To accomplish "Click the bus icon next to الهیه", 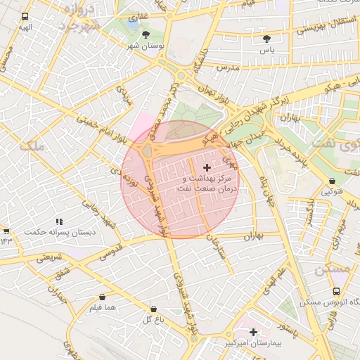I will click(x=26, y=17).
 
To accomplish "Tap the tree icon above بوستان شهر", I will click(x=146, y=34).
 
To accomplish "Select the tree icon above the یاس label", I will click(x=266, y=39).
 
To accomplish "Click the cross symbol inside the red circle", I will click(x=206, y=167).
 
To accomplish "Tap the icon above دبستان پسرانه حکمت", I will click(x=60, y=221).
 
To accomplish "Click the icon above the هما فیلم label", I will click(x=103, y=297).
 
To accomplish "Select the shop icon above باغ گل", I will click(x=153, y=308).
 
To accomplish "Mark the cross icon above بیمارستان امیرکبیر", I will click(x=253, y=331).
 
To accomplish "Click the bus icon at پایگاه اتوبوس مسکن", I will click(x=336, y=290).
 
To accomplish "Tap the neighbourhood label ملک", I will click(x=32, y=146).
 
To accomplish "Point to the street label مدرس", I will click(x=229, y=67).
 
